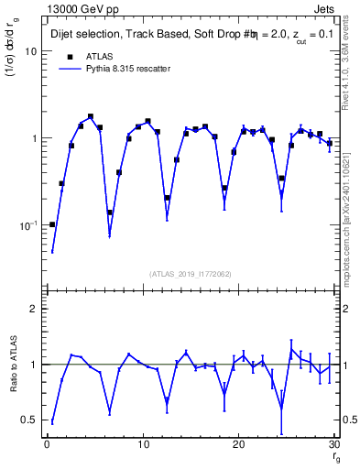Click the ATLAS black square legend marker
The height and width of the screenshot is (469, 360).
click(x=67, y=56)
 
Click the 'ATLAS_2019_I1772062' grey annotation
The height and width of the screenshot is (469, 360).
click(x=191, y=273)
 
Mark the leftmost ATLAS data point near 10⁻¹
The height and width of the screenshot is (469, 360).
click(x=52, y=224)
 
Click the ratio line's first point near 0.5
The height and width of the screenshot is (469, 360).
click(x=52, y=422)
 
